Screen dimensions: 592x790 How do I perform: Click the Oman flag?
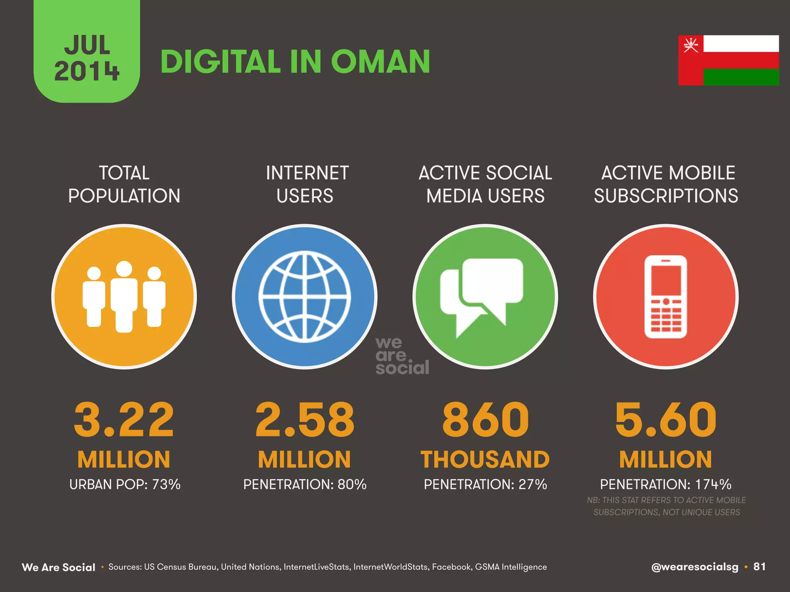pyautogui.click(x=728, y=60)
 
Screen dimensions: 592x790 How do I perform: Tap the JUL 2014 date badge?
pyautogui.click(x=87, y=58)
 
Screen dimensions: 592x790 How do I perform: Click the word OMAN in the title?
pyautogui.click(x=380, y=62)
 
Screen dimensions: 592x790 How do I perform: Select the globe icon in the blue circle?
pyautogui.click(x=305, y=296)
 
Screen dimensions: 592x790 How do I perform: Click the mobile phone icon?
pyautogui.click(x=666, y=296)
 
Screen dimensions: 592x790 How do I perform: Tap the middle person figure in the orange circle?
pyautogui.click(x=124, y=296)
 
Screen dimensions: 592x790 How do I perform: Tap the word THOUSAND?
pyautogui.click(x=485, y=459)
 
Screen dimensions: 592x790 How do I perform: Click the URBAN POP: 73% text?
pyautogui.click(x=125, y=484)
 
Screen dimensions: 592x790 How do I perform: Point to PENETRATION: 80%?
pyautogui.click(x=305, y=484)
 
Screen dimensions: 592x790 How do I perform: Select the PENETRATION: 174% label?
pyautogui.click(x=666, y=484)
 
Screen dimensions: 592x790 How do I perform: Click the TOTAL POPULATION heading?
pyautogui.click(x=124, y=184)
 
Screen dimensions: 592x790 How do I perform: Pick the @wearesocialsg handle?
pyautogui.click(x=694, y=567)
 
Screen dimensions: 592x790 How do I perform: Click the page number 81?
pyautogui.click(x=760, y=567)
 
